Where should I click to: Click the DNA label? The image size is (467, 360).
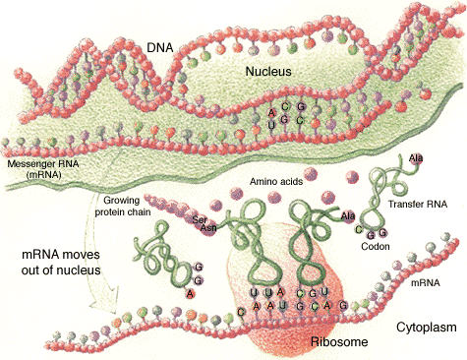point(160,46)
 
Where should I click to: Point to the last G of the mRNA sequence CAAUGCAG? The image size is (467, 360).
point(343,305)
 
